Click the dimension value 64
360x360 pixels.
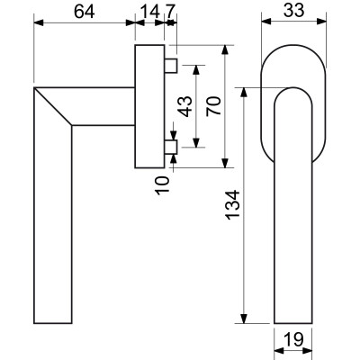point(85,13)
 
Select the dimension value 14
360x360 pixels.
point(149,13)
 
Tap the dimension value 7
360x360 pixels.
point(169,13)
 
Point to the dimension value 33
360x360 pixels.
point(294,11)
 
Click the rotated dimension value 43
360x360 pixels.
point(186,106)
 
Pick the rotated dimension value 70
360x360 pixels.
point(214,106)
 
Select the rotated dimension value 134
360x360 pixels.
point(233,205)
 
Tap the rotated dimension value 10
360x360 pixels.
point(163,185)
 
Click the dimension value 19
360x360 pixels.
point(293,339)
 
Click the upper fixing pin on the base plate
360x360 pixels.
point(171,66)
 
